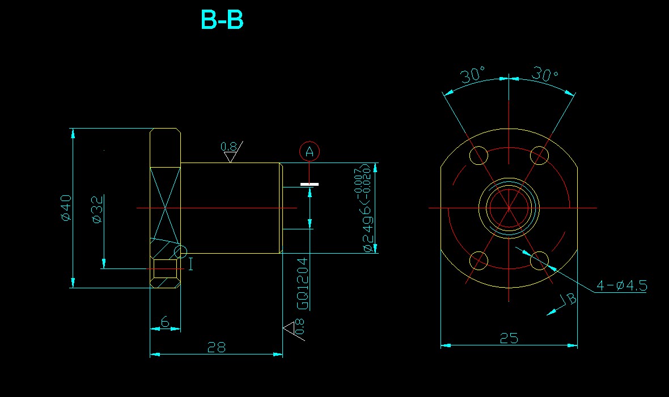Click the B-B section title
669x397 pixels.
click(x=222, y=20)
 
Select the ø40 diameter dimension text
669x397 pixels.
click(x=66, y=208)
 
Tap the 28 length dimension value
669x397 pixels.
click(x=217, y=347)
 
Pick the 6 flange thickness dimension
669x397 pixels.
click(x=165, y=322)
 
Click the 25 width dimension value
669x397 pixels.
click(x=509, y=338)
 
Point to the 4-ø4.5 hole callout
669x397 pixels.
click(x=621, y=285)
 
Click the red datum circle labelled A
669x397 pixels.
click(x=310, y=151)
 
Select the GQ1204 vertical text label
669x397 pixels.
click(x=303, y=283)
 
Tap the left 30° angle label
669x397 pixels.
click(x=473, y=75)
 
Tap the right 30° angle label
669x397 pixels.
click(x=545, y=74)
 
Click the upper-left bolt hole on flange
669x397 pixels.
click(x=480, y=155)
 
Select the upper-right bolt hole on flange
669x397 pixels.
click(x=539, y=155)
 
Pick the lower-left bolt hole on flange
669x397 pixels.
click(x=480, y=261)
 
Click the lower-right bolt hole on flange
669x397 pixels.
click(x=539, y=261)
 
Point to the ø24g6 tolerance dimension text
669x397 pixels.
click(x=368, y=208)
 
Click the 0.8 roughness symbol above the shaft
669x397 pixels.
click(x=231, y=151)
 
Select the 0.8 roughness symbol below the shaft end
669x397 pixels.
click(x=296, y=328)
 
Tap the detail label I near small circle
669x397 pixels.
click(x=190, y=263)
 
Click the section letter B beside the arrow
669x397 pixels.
click(x=571, y=298)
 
